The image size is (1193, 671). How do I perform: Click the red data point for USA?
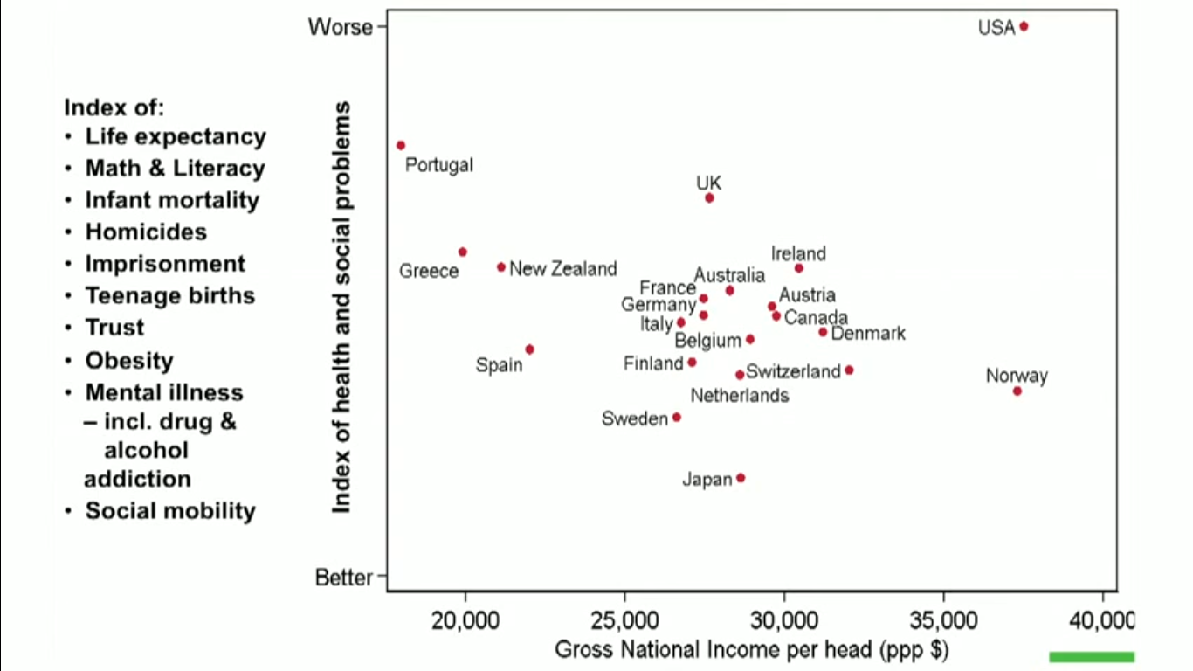(x=1024, y=26)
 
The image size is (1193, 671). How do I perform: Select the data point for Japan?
(x=741, y=478)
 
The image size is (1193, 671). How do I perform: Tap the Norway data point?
(x=1017, y=391)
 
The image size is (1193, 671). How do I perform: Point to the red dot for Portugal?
(x=401, y=145)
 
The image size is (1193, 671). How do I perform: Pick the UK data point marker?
(x=709, y=198)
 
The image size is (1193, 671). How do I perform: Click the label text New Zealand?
(x=562, y=269)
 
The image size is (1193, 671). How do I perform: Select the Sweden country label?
(x=634, y=419)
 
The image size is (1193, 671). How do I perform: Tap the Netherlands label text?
(x=739, y=396)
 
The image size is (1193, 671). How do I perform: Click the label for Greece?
(x=429, y=271)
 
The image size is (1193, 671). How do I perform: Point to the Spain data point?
(x=529, y=349)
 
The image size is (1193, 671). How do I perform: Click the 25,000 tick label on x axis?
(x=624, y=621)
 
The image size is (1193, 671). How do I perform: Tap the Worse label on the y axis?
(x=340, y=27)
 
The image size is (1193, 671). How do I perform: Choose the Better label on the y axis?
(x=343, y=578)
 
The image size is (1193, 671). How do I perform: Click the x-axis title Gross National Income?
(x=751, y=650)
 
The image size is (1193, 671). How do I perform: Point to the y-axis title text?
(x=342, y=307)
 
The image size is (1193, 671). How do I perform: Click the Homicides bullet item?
(x=145, y=232)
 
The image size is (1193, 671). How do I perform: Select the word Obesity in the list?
(x=128, y=361)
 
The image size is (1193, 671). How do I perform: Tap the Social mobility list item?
(x=169, y=511)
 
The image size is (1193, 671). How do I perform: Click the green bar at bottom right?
(x=1091, y=657)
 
